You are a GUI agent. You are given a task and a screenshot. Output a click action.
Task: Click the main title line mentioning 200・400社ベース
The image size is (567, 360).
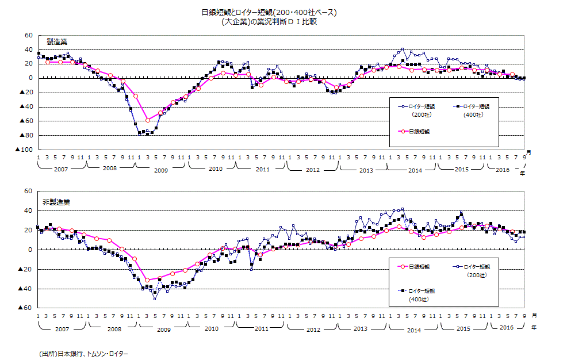[x=270, y=12]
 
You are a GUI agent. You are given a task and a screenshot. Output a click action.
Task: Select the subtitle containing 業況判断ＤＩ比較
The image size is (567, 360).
[x=269, y=22]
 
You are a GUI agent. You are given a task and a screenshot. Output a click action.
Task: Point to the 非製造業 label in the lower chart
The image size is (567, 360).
[x=56, y=202]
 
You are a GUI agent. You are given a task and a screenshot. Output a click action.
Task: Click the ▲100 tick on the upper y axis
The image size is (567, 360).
[x=24, y=150]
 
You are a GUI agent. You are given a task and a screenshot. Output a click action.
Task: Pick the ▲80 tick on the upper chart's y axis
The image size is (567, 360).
[x=26, y=135]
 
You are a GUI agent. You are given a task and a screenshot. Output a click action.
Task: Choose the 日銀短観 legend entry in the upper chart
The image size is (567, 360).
[x=421, y=132]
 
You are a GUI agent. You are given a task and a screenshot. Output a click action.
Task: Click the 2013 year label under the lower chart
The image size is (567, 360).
[x=360, y=328]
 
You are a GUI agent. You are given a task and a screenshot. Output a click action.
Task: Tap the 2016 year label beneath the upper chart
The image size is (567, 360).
[x=502, y=170]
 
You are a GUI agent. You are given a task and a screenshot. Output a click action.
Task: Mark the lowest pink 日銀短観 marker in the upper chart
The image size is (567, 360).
[x=148, y=120]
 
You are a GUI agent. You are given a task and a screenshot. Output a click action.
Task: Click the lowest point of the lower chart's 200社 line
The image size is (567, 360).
[x=155, y=299]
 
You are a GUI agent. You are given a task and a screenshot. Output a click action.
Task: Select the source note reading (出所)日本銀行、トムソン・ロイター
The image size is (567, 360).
[x=84, y=353]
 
